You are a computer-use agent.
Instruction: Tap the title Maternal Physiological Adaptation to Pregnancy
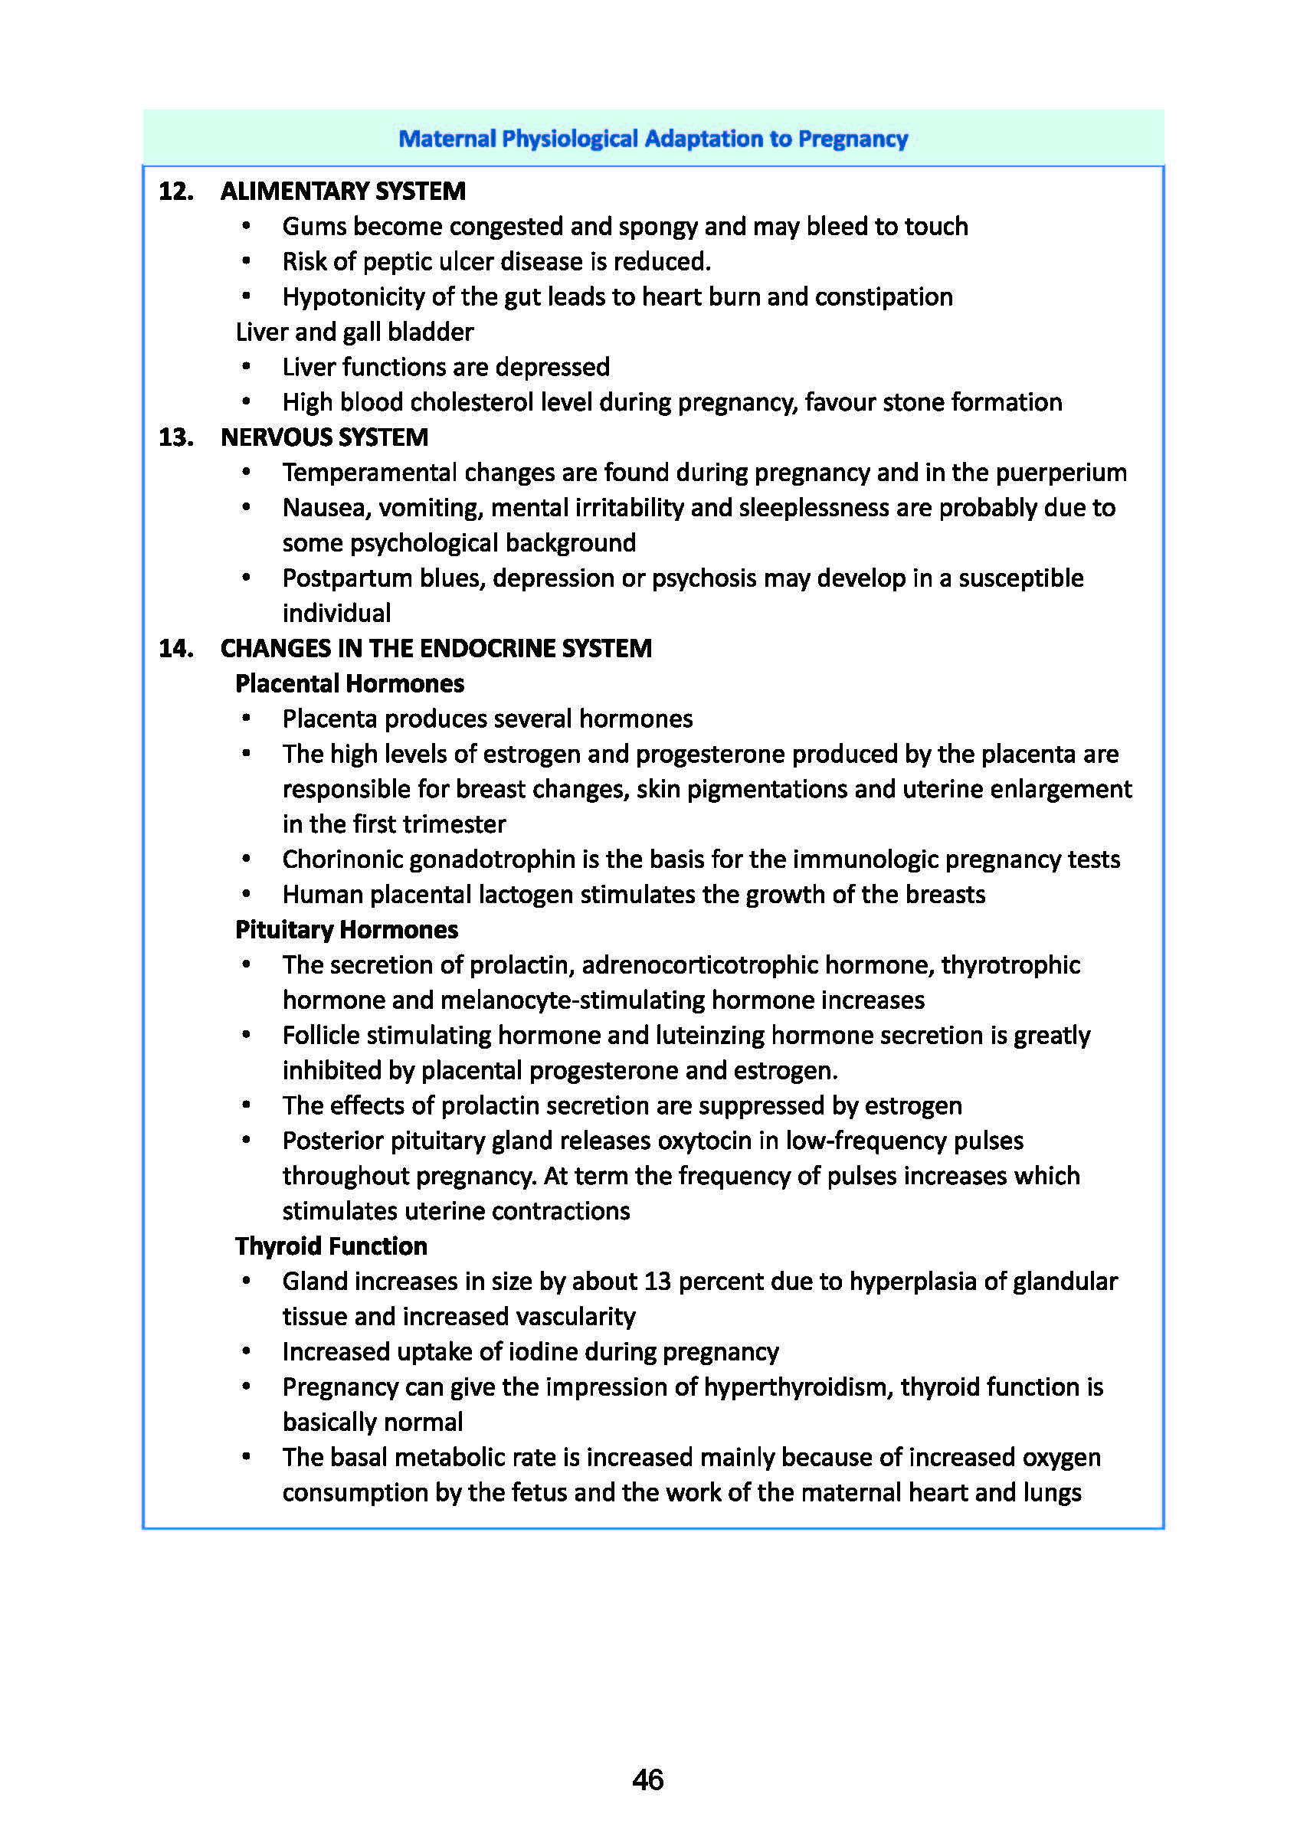point(653,139)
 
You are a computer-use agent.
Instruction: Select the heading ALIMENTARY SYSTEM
point(342,191)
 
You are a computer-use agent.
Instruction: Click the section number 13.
point(175,437)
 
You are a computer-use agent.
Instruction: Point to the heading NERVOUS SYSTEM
point(324,437)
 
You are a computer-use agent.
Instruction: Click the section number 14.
point(175,647)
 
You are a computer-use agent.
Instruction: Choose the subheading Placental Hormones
point(349,683)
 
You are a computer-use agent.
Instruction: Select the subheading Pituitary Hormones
point(346,929)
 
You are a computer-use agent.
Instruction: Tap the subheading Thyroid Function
point(331,1246)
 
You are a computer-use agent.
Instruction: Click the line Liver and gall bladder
point(354,332)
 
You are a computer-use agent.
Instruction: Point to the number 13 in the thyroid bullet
point(657,1281)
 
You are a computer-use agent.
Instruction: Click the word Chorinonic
point(342,859)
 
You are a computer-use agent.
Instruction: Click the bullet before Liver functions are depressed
point(246,367)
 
